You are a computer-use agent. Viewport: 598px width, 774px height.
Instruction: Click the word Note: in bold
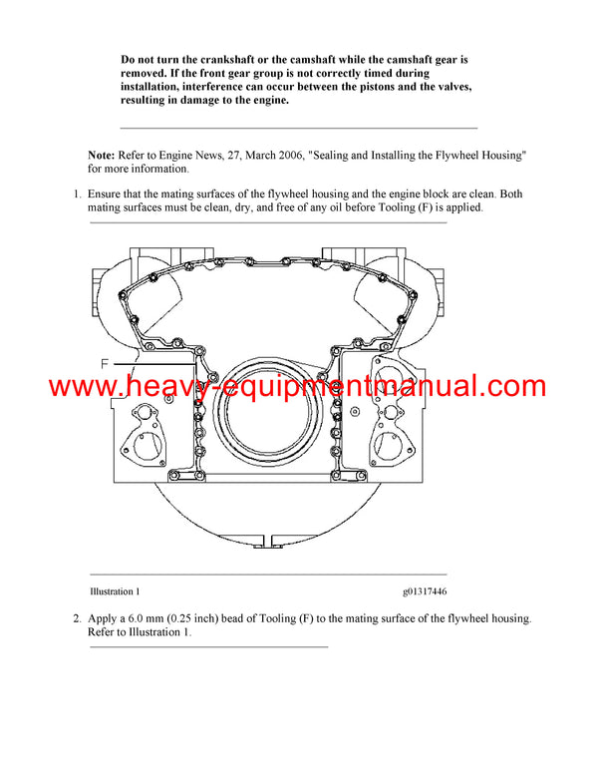[101, 155]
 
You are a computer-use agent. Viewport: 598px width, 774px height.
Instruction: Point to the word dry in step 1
[266, 207]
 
